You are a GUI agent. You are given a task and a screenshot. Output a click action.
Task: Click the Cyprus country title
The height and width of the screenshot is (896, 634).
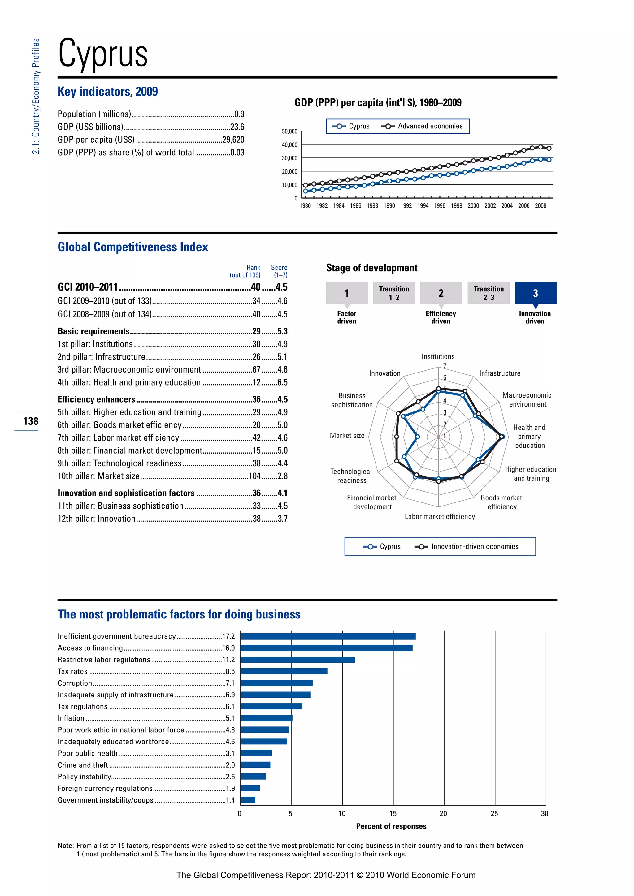[x=103, y=54]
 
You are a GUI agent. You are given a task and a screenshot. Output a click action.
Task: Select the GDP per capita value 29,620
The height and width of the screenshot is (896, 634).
[x=233, y=140]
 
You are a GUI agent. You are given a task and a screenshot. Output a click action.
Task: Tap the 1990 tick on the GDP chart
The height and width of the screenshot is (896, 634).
[x=389, y=206]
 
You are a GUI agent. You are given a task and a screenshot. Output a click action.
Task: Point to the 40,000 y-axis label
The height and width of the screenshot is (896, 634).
[x=289, y=145]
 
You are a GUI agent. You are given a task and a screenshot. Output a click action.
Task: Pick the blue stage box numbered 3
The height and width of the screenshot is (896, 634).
[x=535, y=293]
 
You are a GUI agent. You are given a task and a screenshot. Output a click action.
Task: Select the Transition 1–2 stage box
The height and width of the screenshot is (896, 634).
[x=394, y=293]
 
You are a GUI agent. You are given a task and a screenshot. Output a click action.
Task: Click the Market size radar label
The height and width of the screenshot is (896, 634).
[x=347, y=436]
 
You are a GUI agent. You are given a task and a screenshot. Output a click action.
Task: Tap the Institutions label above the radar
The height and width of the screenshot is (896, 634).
[x=438, y=357]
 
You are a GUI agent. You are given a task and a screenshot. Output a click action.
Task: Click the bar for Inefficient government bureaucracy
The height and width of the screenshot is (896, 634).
[x=328, y=636]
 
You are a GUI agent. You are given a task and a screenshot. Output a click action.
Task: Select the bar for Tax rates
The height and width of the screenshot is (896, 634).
[x=284, y=671]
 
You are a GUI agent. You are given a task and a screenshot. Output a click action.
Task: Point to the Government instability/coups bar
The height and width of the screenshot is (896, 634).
[x=248, y=800]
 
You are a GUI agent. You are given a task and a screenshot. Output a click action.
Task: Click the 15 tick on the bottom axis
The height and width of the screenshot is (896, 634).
[x=393, y=814]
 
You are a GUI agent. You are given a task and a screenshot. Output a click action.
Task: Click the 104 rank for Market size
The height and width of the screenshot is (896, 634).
[x=254, y=476]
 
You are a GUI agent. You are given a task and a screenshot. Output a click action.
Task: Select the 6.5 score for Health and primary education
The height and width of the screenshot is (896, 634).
[x=282, y=382]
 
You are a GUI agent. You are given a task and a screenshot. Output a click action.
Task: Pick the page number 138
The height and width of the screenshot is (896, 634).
[x=30, y=421]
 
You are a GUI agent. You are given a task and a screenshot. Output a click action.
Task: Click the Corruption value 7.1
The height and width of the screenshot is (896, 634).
[x=230, y=683]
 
